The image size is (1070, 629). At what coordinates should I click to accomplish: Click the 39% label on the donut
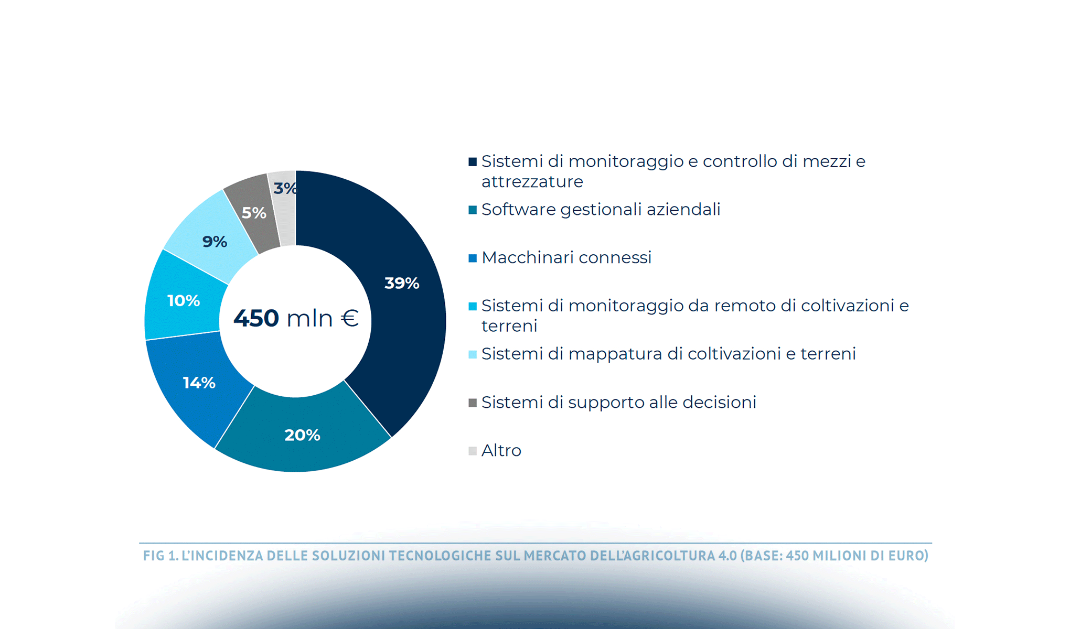(402, 284)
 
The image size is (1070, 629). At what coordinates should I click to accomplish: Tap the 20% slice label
(302, 435)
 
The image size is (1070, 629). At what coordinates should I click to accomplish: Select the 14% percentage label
(199, 383)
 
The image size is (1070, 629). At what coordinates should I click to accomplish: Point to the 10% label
(183, 301)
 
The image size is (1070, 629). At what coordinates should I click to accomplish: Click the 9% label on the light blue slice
(215, 242)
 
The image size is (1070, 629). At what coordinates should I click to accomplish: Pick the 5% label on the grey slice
(254, 213)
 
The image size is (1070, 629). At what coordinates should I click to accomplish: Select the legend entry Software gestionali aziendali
(601, 210)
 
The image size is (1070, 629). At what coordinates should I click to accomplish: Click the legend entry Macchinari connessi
(566, 258)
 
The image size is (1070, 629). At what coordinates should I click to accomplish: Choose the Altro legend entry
(501, 451)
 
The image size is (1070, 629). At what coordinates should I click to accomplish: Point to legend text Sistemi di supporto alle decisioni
(619, 403)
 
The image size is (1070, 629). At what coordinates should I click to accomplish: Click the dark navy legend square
(473, 162)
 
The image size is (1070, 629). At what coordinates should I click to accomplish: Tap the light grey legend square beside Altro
(473, 451)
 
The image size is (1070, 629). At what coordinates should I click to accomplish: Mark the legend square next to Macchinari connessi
(473, 258)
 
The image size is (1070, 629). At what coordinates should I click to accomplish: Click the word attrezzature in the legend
(532, 182)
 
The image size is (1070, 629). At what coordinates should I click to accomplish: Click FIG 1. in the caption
(160, 556)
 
